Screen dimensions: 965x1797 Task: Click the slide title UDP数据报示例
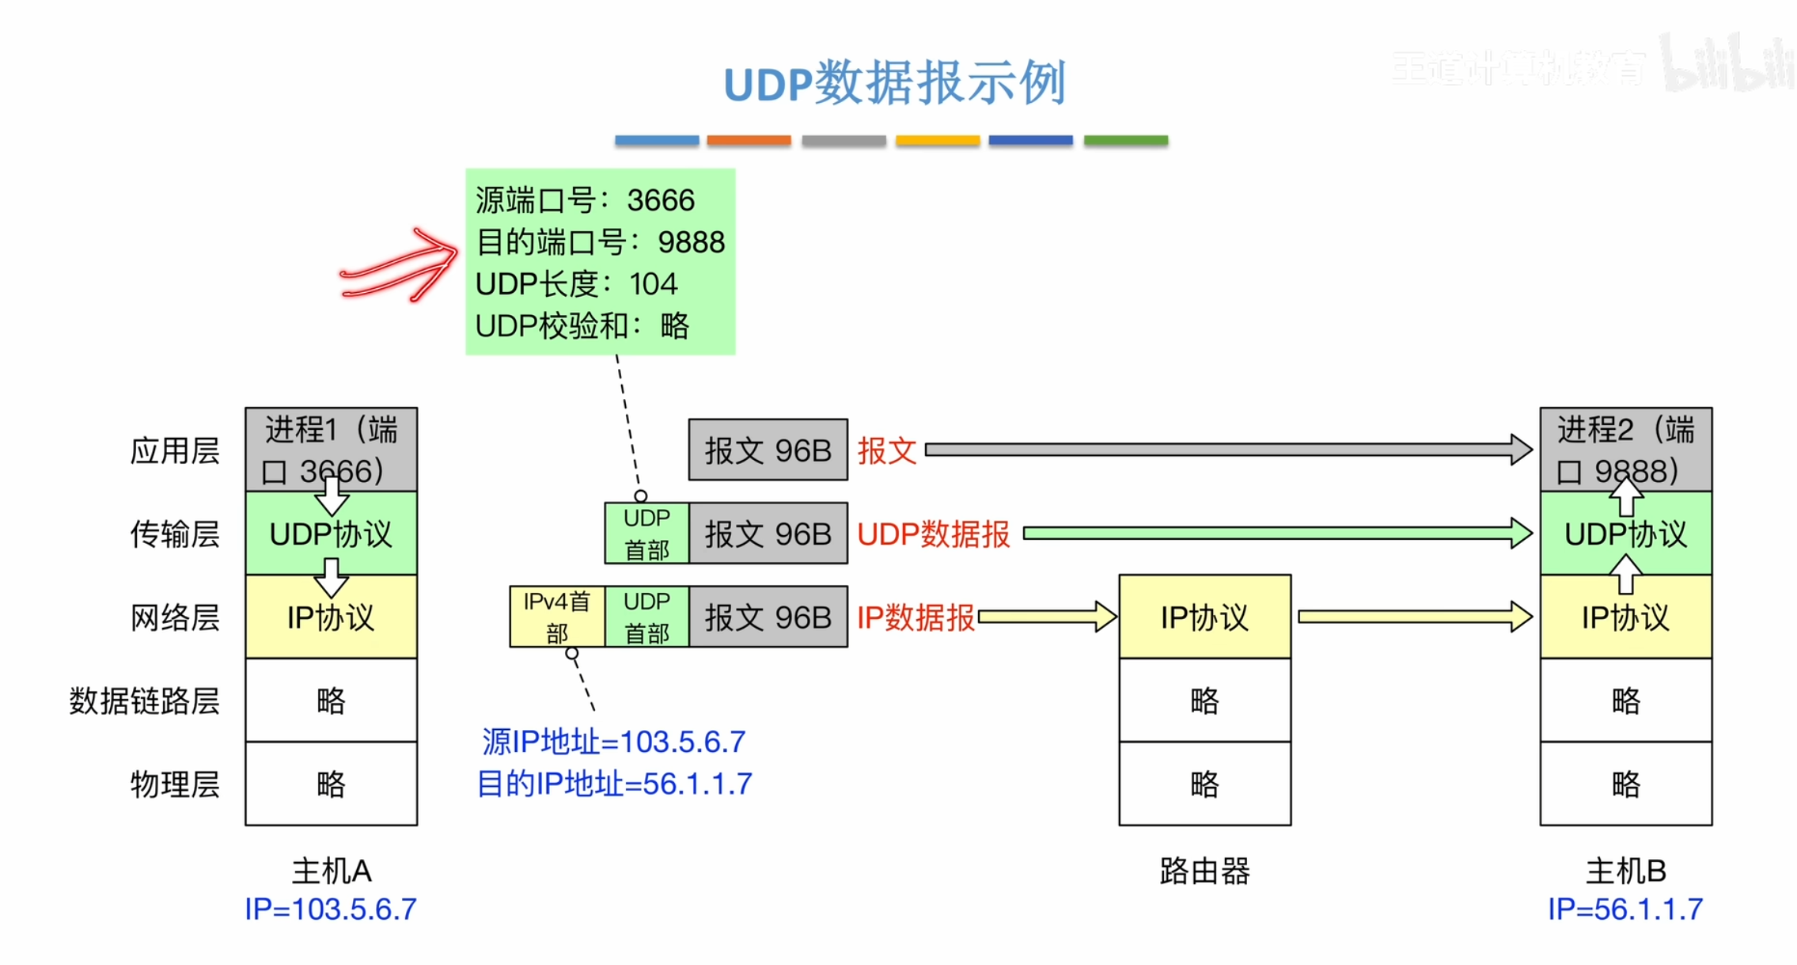894,83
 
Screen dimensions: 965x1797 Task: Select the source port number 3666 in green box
661,201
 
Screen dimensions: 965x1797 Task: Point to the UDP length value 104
654,284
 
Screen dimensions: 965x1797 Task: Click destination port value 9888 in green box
691,242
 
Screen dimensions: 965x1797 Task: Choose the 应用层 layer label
175,451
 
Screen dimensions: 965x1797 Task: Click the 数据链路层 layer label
144,701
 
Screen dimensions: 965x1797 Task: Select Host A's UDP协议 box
331,534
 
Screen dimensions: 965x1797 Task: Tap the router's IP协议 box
1204,617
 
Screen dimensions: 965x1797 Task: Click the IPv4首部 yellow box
557,617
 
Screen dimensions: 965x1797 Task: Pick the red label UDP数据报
934,534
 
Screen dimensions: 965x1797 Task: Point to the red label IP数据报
916,618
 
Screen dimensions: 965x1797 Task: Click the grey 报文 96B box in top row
768,450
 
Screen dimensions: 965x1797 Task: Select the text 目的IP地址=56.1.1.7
615,785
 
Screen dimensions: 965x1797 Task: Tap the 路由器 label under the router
1204,872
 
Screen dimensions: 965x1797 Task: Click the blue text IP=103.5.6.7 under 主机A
331,910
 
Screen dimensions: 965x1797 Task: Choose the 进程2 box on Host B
1625,450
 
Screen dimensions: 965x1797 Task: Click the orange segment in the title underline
749,140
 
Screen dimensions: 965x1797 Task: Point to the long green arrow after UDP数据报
1274,534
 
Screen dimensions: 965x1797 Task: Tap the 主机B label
1625,872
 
